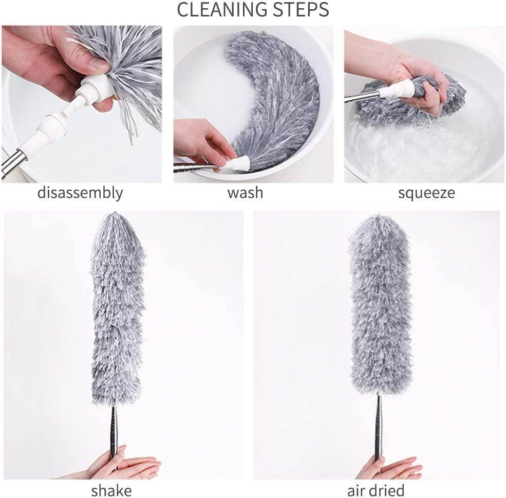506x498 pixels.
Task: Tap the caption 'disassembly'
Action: (x=80, y=193)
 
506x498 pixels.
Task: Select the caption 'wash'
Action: (x=245, y=193)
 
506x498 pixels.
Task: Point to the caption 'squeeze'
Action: (x=426, y=193)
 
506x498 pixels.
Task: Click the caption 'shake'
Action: (x=111, y=489)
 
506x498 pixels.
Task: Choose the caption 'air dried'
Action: (x=376, y=489)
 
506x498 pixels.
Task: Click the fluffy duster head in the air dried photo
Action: (x=380, y=308)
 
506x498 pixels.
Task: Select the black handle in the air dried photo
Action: (x=379, y=427)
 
